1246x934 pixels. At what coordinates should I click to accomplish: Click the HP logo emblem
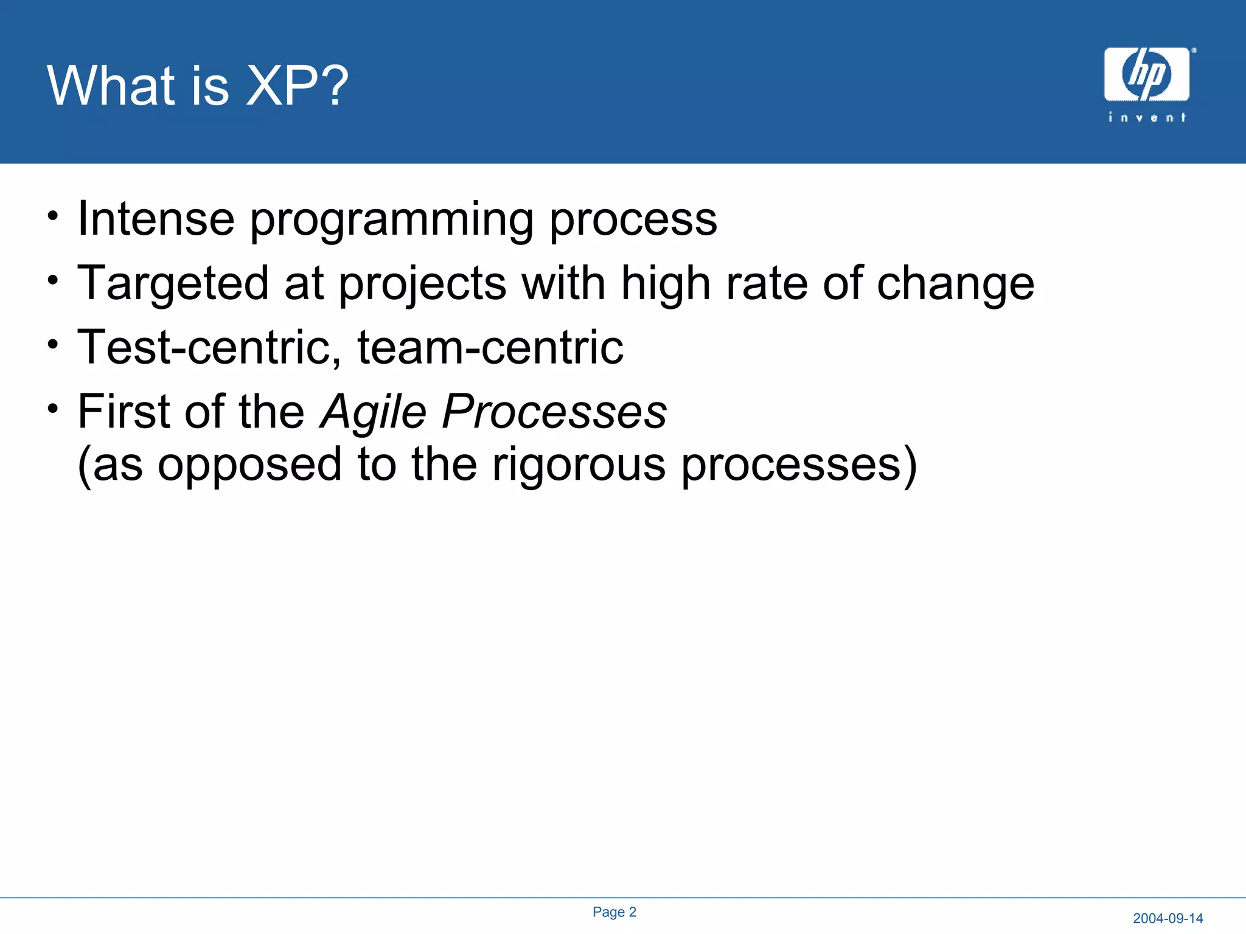(x=1146, y=74)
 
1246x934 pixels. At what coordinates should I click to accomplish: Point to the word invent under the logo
(x=1147, y=117)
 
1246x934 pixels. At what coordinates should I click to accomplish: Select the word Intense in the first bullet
(x=156, y=219)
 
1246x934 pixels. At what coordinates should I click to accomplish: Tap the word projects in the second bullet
(x=422, y=285)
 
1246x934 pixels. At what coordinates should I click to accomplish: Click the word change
(x=955, y=285)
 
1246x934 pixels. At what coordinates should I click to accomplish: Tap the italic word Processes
(x=554, y=412)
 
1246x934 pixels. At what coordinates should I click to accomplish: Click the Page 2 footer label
(x=614, y=912)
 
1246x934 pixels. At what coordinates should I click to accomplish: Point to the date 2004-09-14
(x=1168, y=918)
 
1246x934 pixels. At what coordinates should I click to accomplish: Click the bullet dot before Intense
(x=54, y=216)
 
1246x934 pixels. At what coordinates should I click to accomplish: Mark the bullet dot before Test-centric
(x=54, y=344)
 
